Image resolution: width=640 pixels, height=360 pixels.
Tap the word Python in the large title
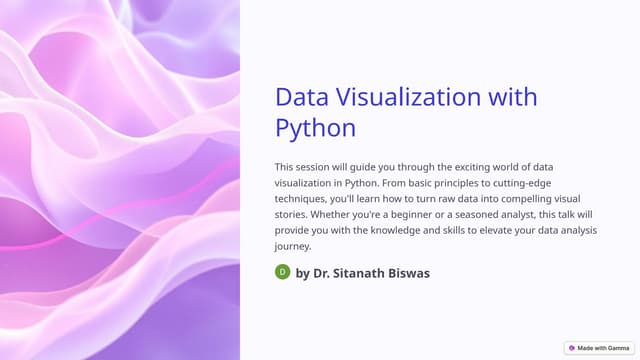315,128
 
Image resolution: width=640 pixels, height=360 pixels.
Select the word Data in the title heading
303,97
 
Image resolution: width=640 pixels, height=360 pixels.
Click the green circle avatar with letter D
283,272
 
